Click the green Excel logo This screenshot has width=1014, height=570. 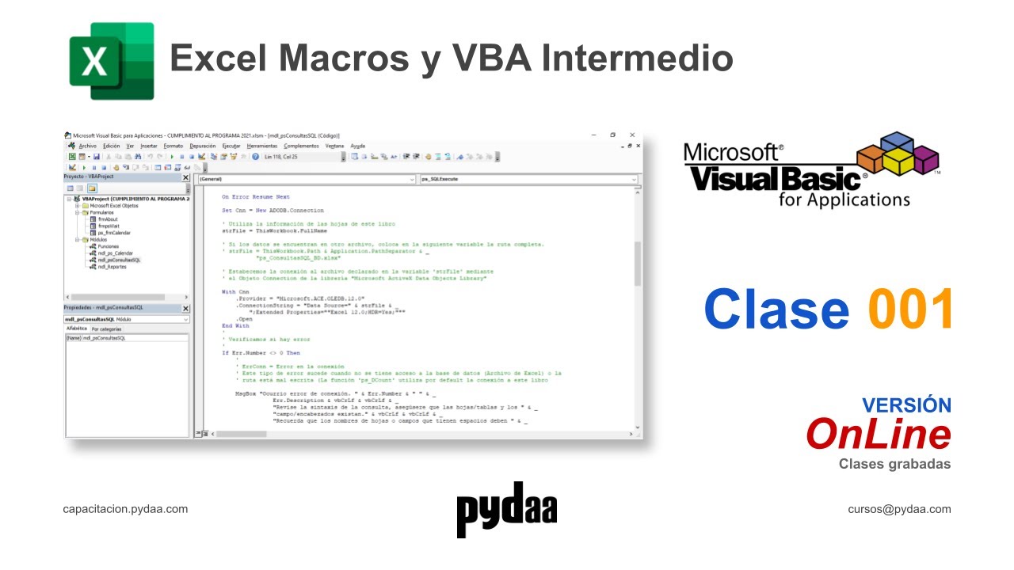point(111,61)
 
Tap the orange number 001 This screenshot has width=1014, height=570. point(909,310)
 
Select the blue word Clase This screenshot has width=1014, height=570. point(776,310)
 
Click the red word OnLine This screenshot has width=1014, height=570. point(878,434)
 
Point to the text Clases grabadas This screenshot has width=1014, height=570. point(894,464)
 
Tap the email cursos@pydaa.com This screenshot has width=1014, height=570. point(899,509)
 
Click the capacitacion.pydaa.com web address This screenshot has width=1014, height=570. point(125,509)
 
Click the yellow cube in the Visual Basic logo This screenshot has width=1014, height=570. point(898,162)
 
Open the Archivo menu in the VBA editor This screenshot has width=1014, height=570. point(87,146)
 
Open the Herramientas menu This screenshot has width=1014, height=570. point(262,146)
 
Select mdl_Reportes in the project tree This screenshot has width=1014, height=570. point(112,267)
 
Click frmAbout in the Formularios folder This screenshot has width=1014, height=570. point(108,219)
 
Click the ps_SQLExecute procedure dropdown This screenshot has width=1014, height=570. point(528,180)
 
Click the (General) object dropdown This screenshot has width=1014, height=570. point(306,180)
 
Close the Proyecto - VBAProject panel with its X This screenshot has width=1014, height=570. point(186,177)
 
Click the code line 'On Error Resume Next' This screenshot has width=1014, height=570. point(256,196)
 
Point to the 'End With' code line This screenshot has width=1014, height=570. point(235,325)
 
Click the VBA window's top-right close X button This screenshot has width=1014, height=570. point(631,135)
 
